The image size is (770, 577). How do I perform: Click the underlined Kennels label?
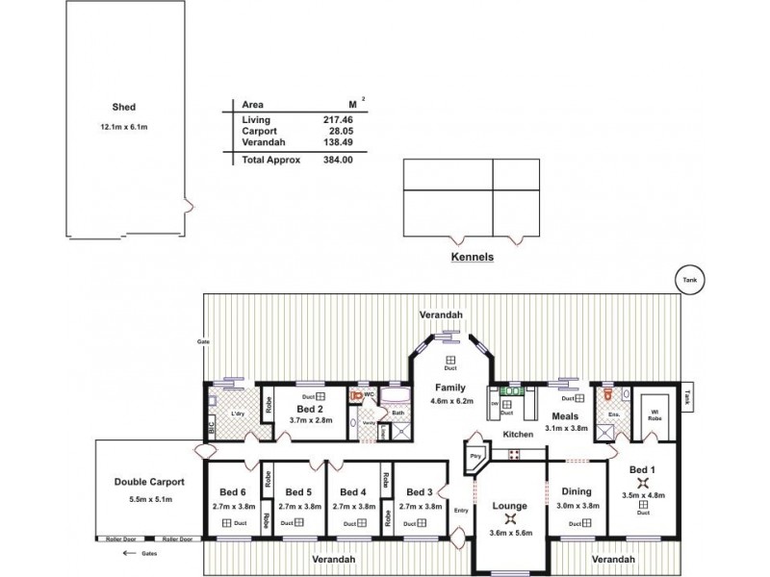coord(472,259)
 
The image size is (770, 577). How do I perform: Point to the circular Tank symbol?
coord(690,279)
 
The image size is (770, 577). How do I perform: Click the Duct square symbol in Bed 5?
coord(299,522)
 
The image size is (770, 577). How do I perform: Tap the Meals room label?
coord(565,415)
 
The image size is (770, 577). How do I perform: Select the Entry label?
coord(462,511)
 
